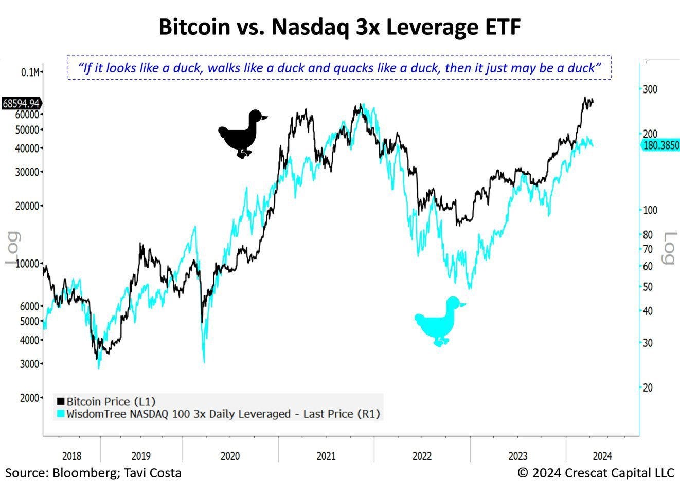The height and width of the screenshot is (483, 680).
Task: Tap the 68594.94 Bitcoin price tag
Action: click(21, 103)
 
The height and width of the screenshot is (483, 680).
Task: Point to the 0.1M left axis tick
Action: click(30, 72)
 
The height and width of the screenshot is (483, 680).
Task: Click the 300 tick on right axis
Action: click(651, 89)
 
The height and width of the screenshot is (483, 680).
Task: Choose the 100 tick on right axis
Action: click(651, 210)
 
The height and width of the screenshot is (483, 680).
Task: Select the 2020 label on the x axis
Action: click(230, 456)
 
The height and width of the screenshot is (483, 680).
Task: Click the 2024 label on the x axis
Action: click(602, 456)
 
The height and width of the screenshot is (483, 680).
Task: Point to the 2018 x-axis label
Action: click(71, 456)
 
